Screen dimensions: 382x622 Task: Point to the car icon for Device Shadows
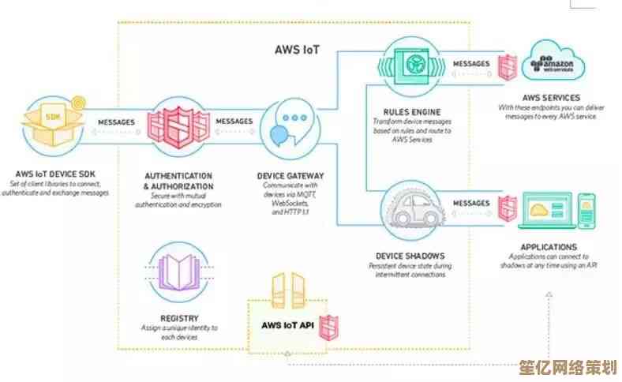point(407,209)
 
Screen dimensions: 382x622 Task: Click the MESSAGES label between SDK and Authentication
point(115,122)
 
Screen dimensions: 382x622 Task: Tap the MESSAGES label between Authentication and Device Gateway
point(234,122)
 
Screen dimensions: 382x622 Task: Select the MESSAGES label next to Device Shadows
point(472,203)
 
